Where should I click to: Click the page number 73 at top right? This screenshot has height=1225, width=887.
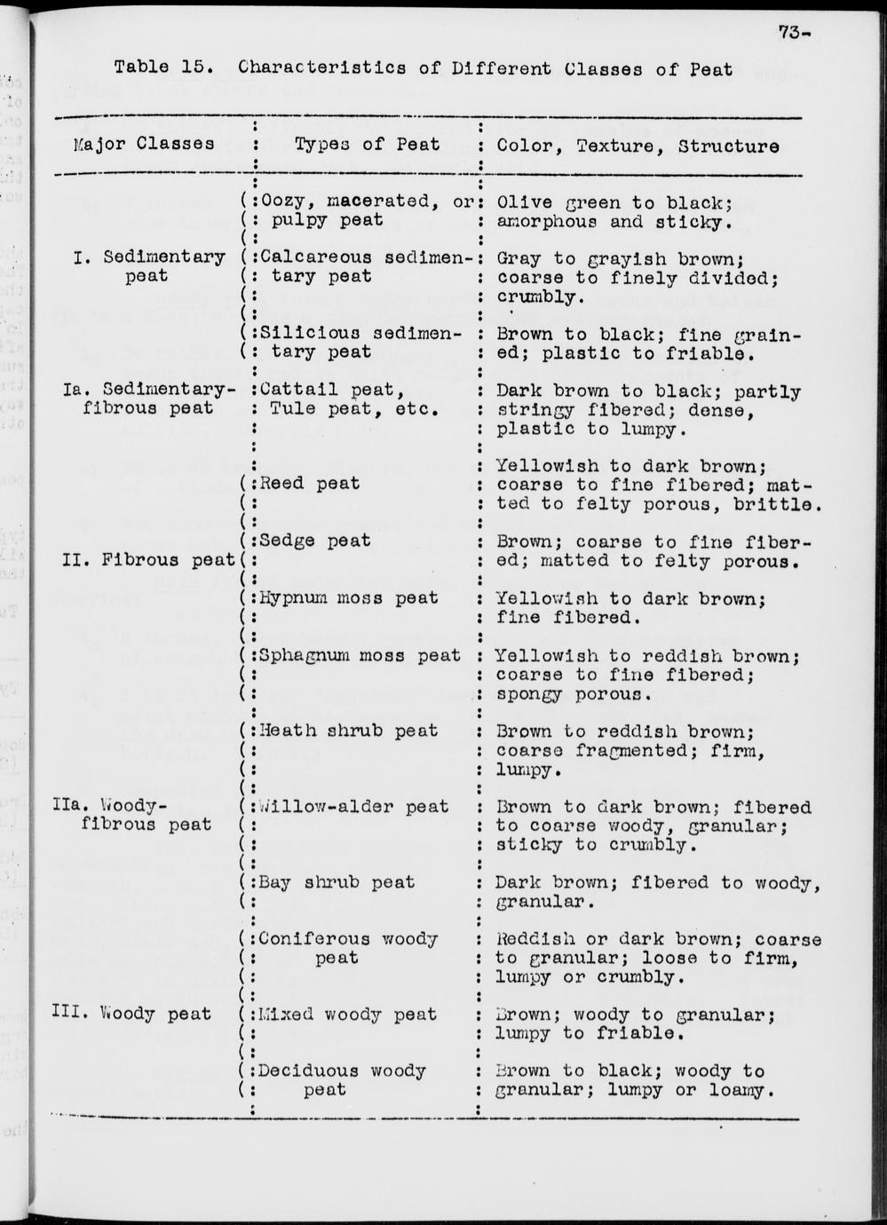pyautogui.click(x=790, y=33)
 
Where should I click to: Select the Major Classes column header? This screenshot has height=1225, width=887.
pyautogui.click(x=144, y=145)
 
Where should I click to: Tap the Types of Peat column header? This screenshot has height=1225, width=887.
pyautogui.click(x=367, y=145)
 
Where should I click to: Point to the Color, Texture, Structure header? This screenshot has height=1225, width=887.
pyautogui.click(x=638, y=146)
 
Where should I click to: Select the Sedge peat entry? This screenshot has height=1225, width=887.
pyautogui.click(x=314, y=541)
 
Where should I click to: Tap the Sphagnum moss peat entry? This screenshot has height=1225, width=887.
pyautogui.click(x=359, y=655)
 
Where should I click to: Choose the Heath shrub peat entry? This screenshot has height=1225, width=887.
pyautogui.click(x=347, y=731)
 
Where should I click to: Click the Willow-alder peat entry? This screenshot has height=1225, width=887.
pyautogui.click(x=352, y=807)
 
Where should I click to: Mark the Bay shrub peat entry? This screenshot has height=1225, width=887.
pyautogui.click(x=336, y=882)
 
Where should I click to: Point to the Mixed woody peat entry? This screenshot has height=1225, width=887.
pyautogui.click(x=347, y=1015)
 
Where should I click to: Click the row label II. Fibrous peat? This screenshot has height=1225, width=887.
pyautogui.click(x=148, y=560)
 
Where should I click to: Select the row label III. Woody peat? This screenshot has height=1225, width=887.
pyautogui.click(x=131, y=1014)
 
